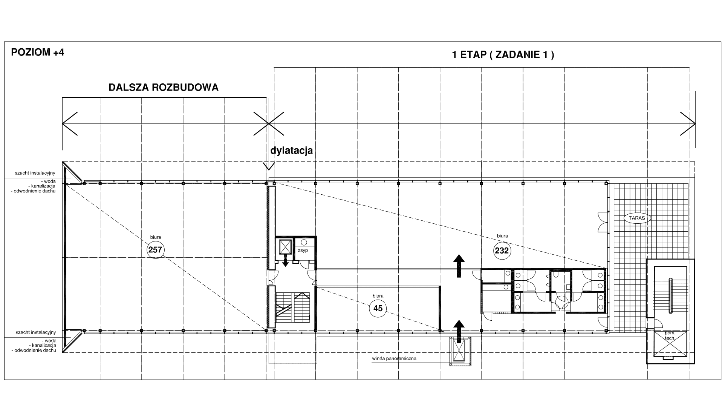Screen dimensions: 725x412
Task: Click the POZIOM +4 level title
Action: [x=38, y=52]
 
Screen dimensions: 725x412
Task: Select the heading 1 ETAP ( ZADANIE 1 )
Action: [x=503, y=55]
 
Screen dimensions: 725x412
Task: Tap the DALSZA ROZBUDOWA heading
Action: [x=164, y=88]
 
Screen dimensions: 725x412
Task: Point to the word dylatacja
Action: [x=292, y=151]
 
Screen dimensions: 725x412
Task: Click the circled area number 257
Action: [x=155, y=249]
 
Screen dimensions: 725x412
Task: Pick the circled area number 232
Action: [x=502, y=251]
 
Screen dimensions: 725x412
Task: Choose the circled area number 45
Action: [x=378, y=308]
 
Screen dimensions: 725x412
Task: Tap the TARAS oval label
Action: [x=637, y=218]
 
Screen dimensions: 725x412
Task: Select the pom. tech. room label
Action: [x=670, y=336]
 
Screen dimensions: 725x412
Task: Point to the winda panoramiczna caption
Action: [x=394, y=358]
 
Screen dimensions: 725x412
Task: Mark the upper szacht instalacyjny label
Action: [x=35, y=173]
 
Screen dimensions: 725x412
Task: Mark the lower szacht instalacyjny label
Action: [x=36, y=332]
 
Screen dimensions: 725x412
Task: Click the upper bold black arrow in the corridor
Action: [x=459, y=266]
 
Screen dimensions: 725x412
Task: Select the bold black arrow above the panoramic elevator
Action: [x=459, y=331]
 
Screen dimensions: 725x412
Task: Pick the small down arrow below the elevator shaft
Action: [x=285, y=260]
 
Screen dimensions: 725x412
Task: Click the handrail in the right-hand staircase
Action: [x=670, y=295]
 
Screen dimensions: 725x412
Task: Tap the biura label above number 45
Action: [x=378, y=296]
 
